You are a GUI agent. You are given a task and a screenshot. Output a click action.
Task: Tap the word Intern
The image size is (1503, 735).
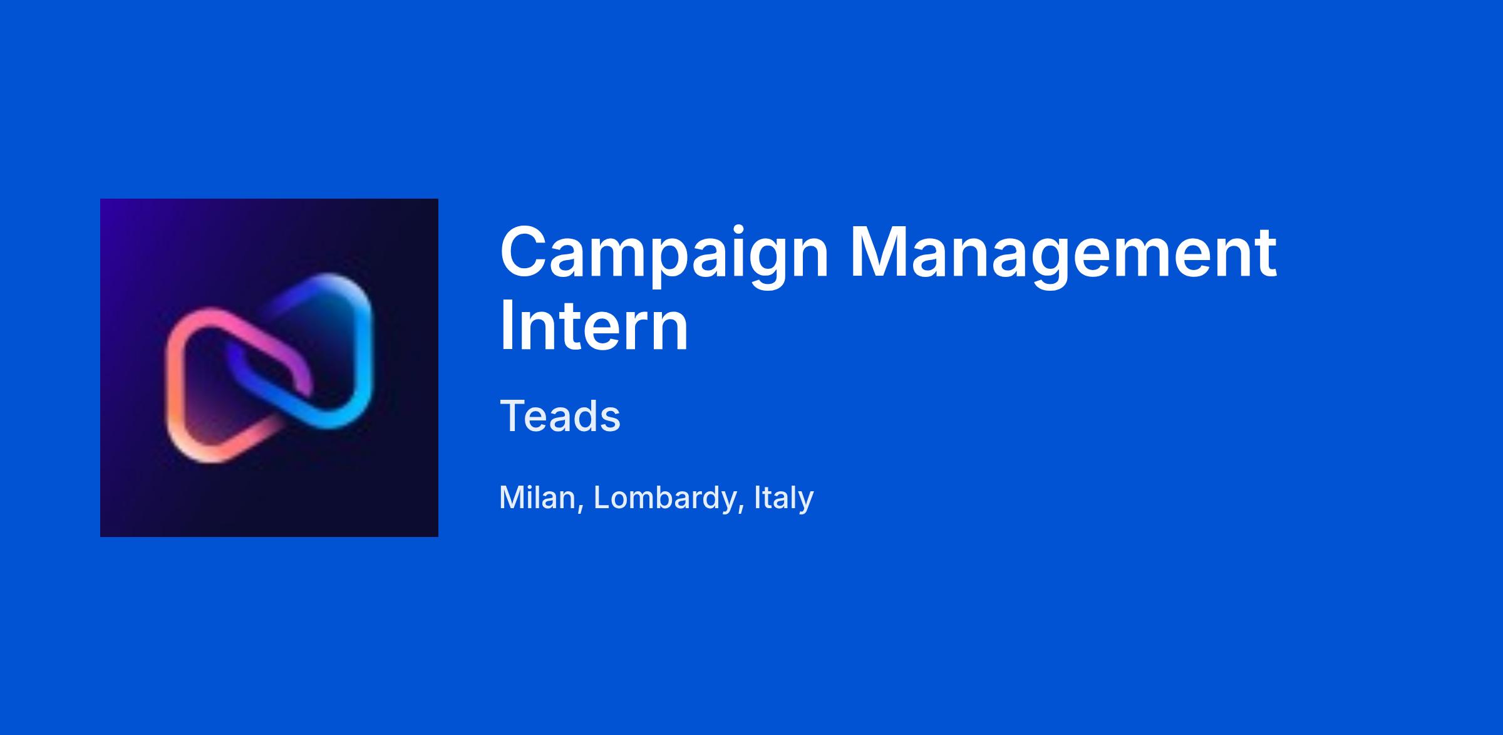[594, 326]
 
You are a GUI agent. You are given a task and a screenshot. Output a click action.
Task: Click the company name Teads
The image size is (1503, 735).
[560, 415]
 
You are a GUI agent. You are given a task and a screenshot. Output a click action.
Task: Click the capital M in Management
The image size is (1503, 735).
[882, 253]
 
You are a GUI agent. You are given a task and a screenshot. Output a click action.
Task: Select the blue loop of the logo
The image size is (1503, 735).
[360, 351]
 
